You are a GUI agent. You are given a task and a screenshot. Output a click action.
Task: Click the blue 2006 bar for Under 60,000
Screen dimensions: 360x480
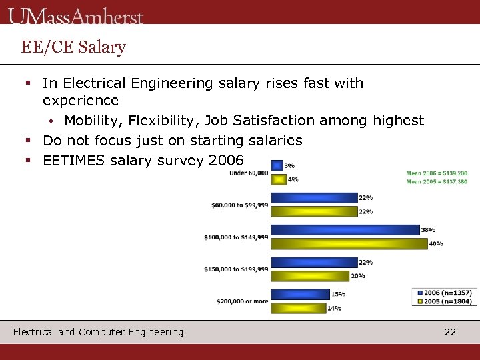(277, 165)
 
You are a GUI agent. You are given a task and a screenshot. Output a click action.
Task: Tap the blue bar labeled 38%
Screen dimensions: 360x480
(345, 229)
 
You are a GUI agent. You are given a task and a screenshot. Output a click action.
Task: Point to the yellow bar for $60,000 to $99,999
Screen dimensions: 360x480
(315, 211)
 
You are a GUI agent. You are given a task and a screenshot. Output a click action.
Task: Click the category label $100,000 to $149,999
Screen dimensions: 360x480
(236, 237)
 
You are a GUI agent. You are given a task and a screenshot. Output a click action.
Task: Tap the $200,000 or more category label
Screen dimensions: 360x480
(242, 301)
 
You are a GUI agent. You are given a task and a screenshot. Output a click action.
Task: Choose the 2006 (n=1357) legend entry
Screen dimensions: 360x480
(446, 292)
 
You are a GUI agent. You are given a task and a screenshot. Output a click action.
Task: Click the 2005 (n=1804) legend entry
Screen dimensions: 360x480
(446, 301)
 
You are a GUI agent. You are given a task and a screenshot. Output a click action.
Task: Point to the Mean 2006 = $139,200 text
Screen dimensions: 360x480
(437, 173)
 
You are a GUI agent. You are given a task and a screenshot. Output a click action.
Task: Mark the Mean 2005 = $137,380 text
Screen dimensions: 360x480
(437, 182)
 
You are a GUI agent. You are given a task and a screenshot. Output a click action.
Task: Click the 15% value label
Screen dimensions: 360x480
(338, 294)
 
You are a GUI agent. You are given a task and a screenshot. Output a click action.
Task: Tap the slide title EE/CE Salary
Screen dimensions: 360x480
(73, 47)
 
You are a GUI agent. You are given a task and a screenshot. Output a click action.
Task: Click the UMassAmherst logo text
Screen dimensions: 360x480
(76, 15)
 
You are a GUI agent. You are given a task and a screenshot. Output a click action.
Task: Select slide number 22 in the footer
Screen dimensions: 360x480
(451, 332)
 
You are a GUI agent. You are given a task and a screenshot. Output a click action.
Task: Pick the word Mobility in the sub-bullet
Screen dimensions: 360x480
(94, 121)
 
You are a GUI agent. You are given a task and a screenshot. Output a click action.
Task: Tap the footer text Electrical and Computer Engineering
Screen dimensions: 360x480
(98, 332)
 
